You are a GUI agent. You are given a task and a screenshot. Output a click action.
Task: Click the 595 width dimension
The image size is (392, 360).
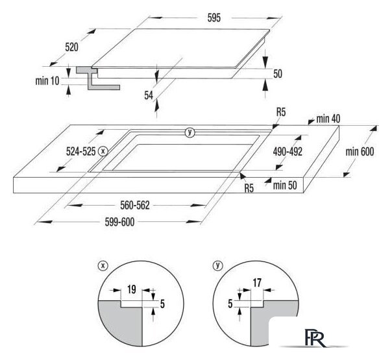click(214, 18)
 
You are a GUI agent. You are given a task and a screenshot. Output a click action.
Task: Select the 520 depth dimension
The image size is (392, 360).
click(72, 47)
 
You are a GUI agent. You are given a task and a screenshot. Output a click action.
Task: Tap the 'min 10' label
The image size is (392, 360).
click(47, 80)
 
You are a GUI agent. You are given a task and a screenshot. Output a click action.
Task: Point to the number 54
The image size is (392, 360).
click(149, 95)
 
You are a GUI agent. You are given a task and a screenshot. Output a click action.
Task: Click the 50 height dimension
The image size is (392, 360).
click(278, 74)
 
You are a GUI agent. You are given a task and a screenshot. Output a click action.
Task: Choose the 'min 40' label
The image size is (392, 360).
click(328, 119)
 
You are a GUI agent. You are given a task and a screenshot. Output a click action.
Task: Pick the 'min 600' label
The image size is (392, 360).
click(360, 152)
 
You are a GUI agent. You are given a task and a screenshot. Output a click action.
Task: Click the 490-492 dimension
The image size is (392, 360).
click(288, 152)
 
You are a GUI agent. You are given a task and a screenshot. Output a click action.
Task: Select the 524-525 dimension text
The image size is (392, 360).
click(80, 151)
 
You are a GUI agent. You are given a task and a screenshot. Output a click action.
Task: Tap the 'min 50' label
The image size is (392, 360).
click(285, 186)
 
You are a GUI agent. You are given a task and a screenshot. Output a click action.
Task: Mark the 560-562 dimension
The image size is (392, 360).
click(135, 206)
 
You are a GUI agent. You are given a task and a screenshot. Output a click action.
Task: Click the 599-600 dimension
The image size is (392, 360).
click(119, 222)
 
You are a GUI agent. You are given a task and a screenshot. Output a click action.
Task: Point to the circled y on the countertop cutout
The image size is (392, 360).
click(190, 132)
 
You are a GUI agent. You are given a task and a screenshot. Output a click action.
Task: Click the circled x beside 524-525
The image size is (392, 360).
click(103, 151)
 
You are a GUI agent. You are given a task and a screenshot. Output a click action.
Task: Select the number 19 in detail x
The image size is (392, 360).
click(132, 289)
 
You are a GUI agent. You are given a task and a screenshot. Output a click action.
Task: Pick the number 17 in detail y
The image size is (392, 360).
click(257, 283)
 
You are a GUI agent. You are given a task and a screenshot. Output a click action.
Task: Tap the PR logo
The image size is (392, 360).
click(315, 338)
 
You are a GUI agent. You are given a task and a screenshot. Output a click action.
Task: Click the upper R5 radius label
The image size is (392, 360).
click(281, 112)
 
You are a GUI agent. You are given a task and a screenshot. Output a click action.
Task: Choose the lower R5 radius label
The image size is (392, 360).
click(249, 188)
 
